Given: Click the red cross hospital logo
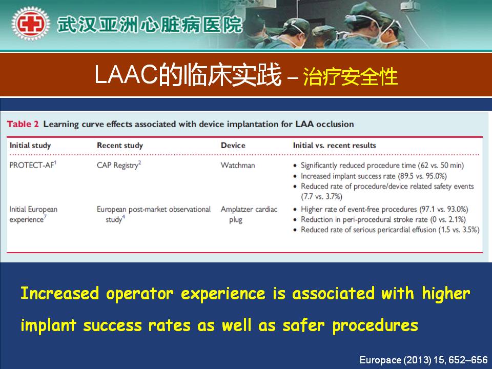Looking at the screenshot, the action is coord(30,24).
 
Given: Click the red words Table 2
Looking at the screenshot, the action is coord(23,124).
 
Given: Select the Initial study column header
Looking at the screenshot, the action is coord(30,145).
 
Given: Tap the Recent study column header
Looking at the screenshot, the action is coord(120,145).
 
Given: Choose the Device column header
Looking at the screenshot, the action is coord(233,145).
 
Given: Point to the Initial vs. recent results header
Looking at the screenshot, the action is coord(335,145).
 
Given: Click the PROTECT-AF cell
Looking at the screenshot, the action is coord(33,165).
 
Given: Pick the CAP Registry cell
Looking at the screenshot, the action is coord(119,165).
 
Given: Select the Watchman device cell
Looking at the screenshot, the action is coord(238,165).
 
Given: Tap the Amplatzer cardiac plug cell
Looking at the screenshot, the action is coord(249,214).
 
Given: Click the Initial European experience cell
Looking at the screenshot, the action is coord(33,214).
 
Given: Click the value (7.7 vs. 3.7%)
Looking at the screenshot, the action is coord(322,196).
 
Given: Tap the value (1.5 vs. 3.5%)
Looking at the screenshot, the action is coord(459,230).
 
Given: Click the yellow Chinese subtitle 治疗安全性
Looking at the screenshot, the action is coord(351,76).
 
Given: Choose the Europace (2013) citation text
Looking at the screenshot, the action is coord(424,360).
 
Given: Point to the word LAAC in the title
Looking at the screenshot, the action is coord(126,75).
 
